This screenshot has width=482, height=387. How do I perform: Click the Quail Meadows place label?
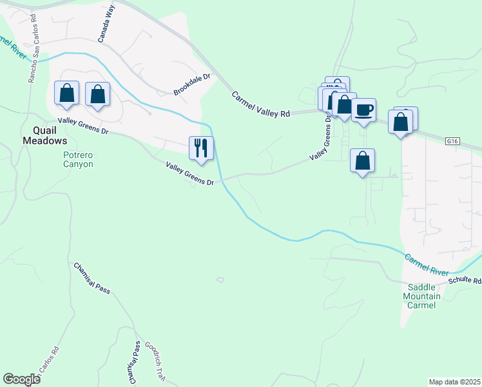coord(45,135)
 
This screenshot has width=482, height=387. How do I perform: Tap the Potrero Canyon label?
coord(78,159)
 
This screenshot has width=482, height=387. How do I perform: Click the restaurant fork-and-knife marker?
coord(201,148)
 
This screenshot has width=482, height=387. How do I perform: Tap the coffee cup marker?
coord(363,110)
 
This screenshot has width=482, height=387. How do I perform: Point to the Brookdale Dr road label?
coord(192,85)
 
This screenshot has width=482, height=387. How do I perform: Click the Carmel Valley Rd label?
coord(261,104)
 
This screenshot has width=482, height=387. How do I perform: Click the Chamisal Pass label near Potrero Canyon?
coord(92,278)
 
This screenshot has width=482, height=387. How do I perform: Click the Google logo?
coord(21,379)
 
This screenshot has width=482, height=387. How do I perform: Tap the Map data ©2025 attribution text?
coord(454,382)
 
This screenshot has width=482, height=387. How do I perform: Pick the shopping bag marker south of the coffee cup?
coord(363,161)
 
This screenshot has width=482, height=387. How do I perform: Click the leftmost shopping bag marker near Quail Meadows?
coord(66,94)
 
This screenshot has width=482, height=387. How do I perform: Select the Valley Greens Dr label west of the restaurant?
coord(84,126)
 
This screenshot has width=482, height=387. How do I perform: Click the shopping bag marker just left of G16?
coord(400,122)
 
